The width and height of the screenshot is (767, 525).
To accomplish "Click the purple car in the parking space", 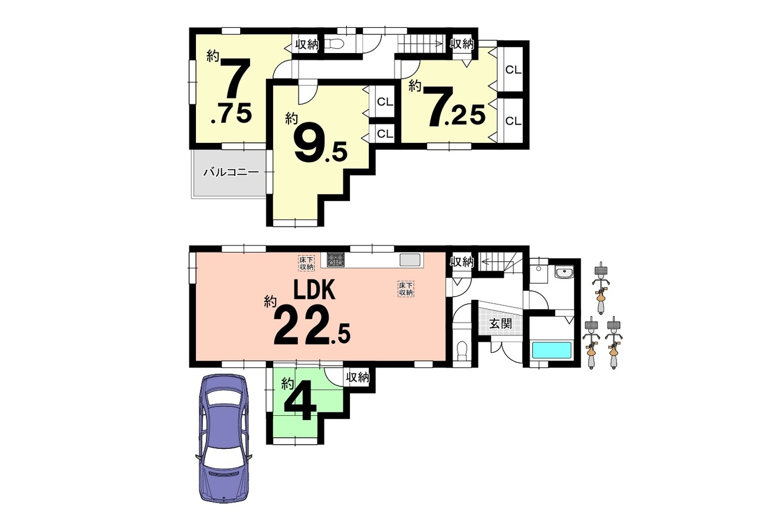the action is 224,438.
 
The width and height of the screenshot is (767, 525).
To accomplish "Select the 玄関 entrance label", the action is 500,323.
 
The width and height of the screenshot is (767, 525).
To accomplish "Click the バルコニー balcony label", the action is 231,172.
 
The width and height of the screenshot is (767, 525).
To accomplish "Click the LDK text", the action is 314,290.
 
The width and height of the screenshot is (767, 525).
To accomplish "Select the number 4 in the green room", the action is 297,405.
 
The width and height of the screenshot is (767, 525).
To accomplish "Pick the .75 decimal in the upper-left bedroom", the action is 231,113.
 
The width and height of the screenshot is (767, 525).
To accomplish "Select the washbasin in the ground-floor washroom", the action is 563,273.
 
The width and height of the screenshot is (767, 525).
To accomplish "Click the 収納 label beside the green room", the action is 357,378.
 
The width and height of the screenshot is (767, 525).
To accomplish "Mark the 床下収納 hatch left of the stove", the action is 306,263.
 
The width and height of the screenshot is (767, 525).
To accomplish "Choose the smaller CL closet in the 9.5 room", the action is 385,134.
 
